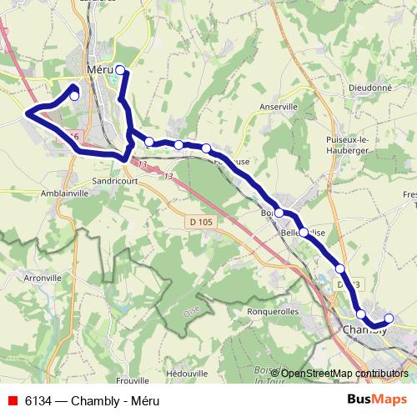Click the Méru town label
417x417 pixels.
pos(98,70)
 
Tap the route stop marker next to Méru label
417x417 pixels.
pos(120,69)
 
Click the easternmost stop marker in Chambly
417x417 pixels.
pos(388,318)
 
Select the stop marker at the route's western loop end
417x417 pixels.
pos(74,96)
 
